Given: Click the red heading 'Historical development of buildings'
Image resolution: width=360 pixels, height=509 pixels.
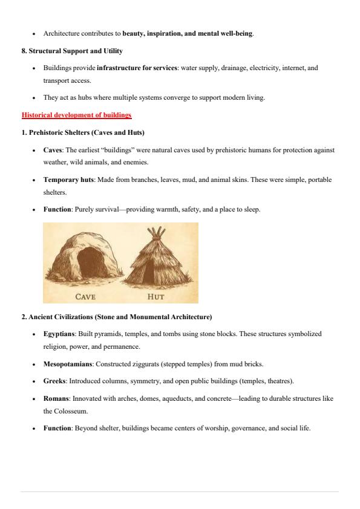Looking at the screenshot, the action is coord(76,115).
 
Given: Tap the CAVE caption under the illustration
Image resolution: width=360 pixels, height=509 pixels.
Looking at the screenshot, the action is coord(85,297).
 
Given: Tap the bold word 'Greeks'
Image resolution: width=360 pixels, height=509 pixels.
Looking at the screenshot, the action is coord(54,381).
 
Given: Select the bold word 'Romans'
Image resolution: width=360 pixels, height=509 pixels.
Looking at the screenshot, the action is coord(56,398).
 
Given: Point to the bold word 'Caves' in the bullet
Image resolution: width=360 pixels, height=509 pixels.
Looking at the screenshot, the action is coord(53,150).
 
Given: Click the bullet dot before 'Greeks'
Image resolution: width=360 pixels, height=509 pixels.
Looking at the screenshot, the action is coord(35,381).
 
